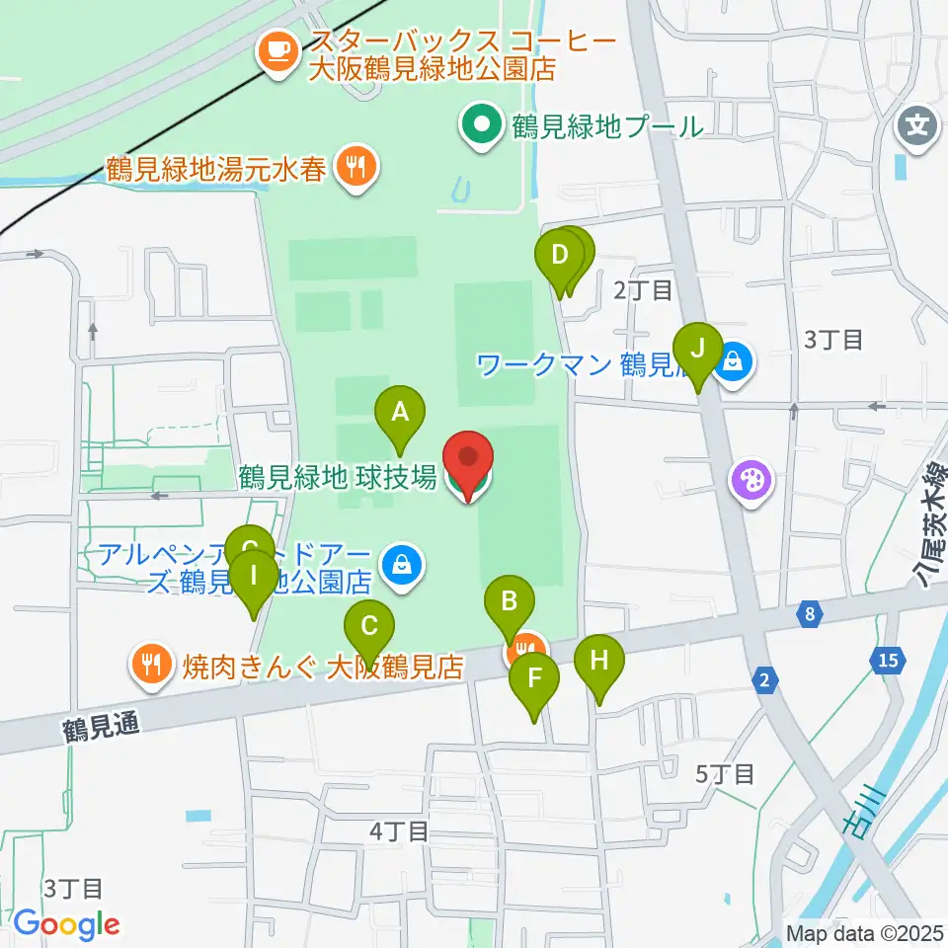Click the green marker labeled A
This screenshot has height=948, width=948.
[400, 412]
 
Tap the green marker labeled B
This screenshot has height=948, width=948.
[510, 600]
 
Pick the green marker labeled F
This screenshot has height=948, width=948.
[534, 678]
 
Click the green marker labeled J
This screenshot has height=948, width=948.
[698, 349]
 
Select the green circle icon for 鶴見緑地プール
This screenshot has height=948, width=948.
[483, 125]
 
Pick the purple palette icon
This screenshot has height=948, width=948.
[750, 483]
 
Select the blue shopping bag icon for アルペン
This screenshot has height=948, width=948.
[402, 565]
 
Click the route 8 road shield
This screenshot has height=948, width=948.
[810, 615]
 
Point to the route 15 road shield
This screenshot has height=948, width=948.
[886, 660]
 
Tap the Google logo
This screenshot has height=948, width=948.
[66, 923]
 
